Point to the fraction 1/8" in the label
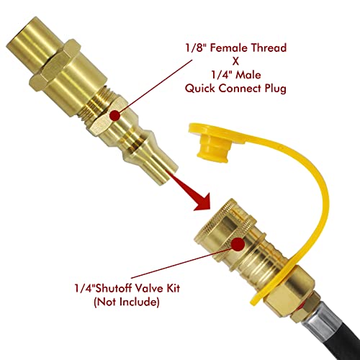coord(196,50)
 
